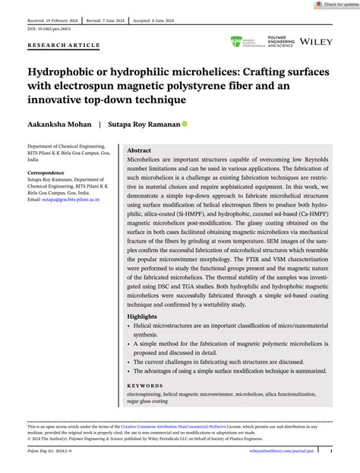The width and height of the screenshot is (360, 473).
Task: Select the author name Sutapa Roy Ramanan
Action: [x=144, y=123]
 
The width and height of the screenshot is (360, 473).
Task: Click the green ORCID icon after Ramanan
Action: [x=184, y=123]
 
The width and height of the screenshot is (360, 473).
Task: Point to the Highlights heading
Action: [x=144, y=317]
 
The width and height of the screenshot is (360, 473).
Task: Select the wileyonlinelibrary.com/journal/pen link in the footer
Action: [x=282, y=449]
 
